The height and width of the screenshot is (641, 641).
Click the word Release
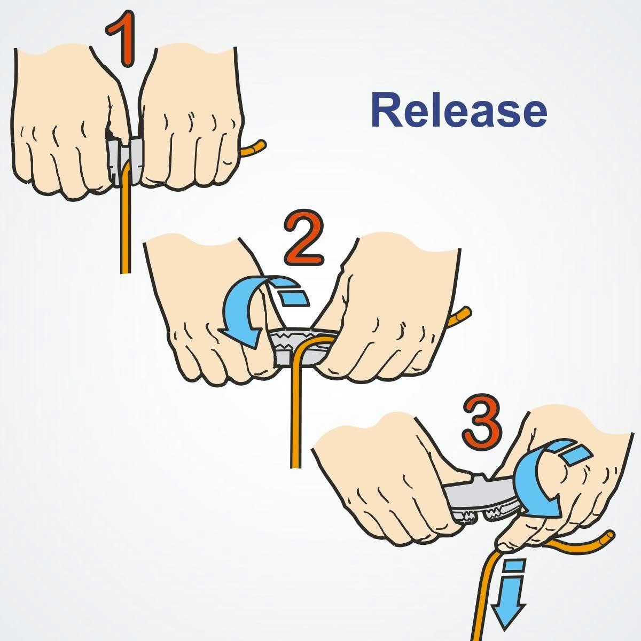[x=459, y=110]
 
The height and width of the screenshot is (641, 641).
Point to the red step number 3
[x=481, y=424]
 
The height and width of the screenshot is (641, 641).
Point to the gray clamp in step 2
[x=301, y=348]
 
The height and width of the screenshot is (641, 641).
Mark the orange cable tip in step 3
[x=611, y=535]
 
